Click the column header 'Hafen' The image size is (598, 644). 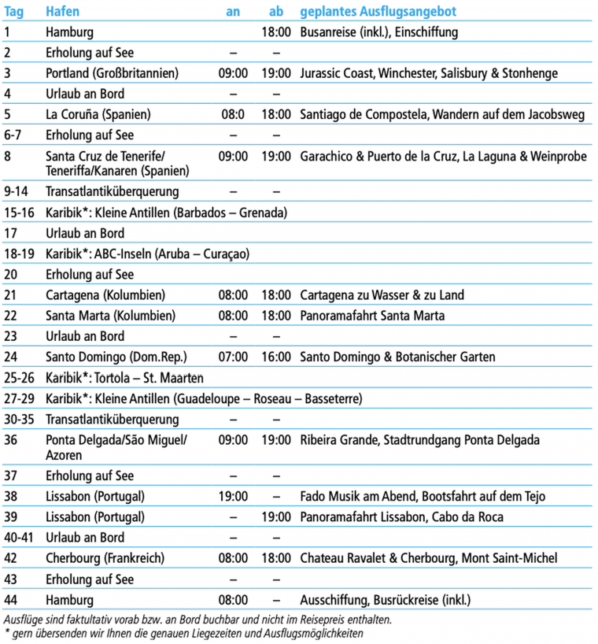[62, 12]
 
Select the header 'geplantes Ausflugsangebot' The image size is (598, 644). [378, 12]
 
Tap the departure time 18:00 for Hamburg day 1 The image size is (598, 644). [276, 32]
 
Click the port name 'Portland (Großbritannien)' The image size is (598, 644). [113, 73]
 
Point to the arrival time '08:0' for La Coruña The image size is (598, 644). [233, 114]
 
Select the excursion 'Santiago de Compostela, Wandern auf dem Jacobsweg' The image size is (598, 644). [442, 114]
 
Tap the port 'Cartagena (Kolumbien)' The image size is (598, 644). [105, 295]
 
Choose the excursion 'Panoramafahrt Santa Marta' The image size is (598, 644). [372, 316]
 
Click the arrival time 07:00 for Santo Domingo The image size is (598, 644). [233, 357]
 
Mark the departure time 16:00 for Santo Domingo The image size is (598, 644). [276, 357]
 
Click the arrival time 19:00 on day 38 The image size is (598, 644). [233, 496]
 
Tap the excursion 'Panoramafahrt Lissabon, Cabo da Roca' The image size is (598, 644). [401, 517]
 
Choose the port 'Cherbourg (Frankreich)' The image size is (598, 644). [105, 558]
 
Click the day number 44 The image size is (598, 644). [11, 600]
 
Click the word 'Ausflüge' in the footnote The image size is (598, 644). [24, 619]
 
